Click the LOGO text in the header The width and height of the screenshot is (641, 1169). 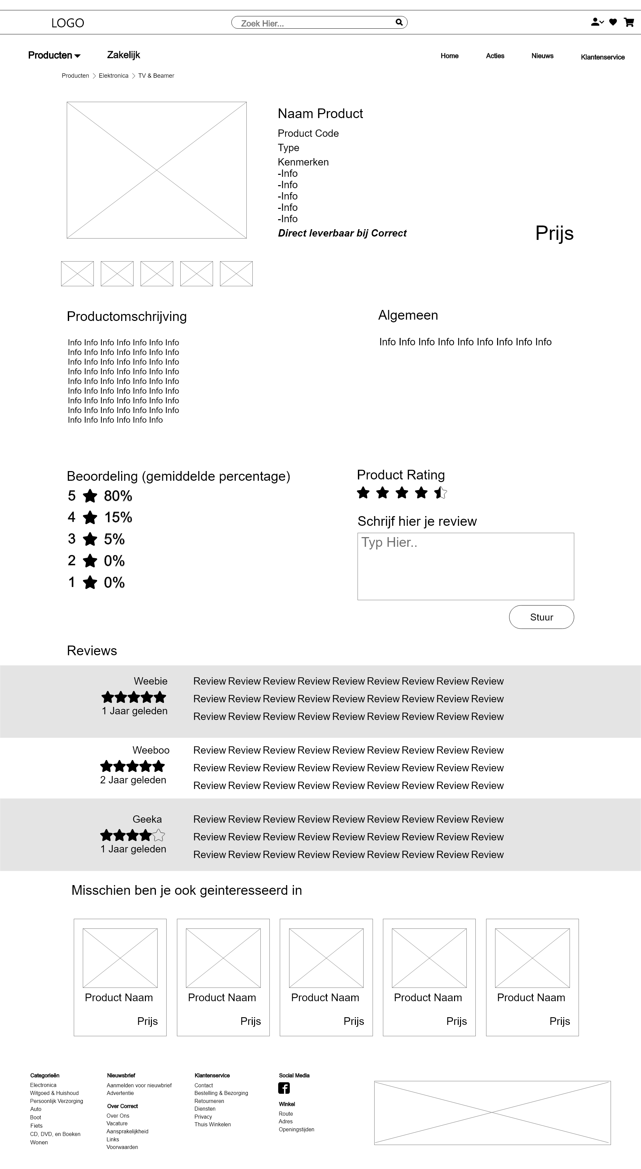point(68,23)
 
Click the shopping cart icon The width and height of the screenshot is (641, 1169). point(629,22)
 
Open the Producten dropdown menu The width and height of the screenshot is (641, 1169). point(54,55)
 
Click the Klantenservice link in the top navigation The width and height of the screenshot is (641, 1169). point(602,57)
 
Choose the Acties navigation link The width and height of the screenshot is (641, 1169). point(495,56)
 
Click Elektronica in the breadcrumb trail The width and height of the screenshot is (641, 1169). point(114,76)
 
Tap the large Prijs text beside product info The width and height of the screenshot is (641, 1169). point(554,233)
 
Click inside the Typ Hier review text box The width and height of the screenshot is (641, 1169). point(465,566)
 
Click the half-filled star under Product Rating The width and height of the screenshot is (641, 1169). point(440,492)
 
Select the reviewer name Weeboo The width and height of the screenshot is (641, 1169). point(151,750)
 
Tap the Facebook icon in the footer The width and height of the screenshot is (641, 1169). point(284,1088)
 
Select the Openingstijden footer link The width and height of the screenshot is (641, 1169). point(296,1130)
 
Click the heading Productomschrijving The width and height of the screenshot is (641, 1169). point(127,316)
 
